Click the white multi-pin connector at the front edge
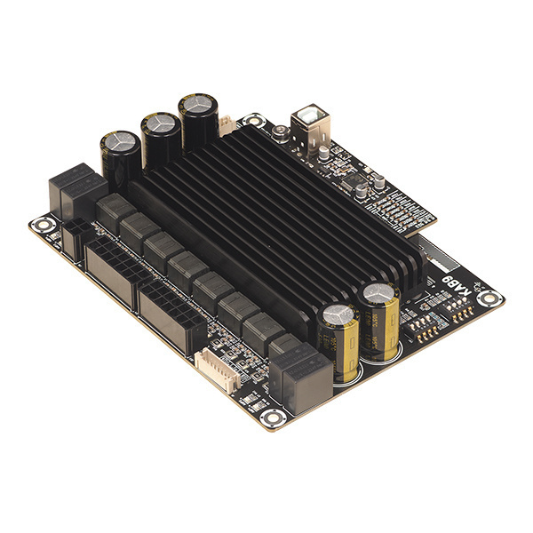pos(211,365)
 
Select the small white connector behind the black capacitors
pos(227,125)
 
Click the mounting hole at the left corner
pos(40,225)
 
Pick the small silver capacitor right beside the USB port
pos(324,153)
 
